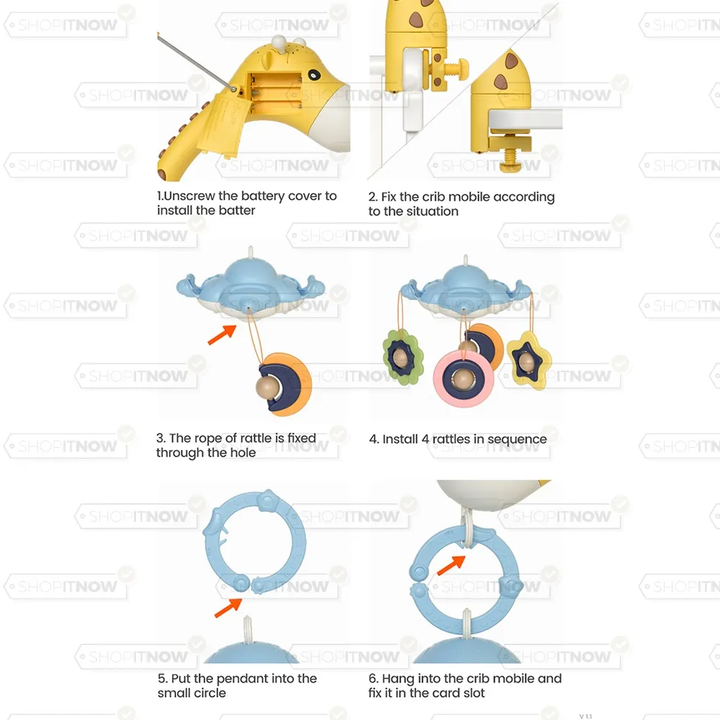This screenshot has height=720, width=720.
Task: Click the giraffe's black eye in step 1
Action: pos(315,74)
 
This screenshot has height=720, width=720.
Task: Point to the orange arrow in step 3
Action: pos(222,334)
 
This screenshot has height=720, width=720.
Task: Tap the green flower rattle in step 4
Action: pos(402,357)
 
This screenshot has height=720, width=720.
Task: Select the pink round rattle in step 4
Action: pos(464,379)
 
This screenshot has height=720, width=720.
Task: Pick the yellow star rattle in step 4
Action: pos(528,361)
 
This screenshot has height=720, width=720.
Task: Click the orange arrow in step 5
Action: pos(228,608)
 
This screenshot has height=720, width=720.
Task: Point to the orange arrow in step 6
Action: pos(451,564)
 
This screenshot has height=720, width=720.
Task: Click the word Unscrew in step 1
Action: pos(189,196)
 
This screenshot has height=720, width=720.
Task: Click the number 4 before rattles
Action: pos(426,439)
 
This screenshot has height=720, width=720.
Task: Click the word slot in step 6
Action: pos(472,693)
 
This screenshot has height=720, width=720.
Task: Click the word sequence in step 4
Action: pos(517,440)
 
